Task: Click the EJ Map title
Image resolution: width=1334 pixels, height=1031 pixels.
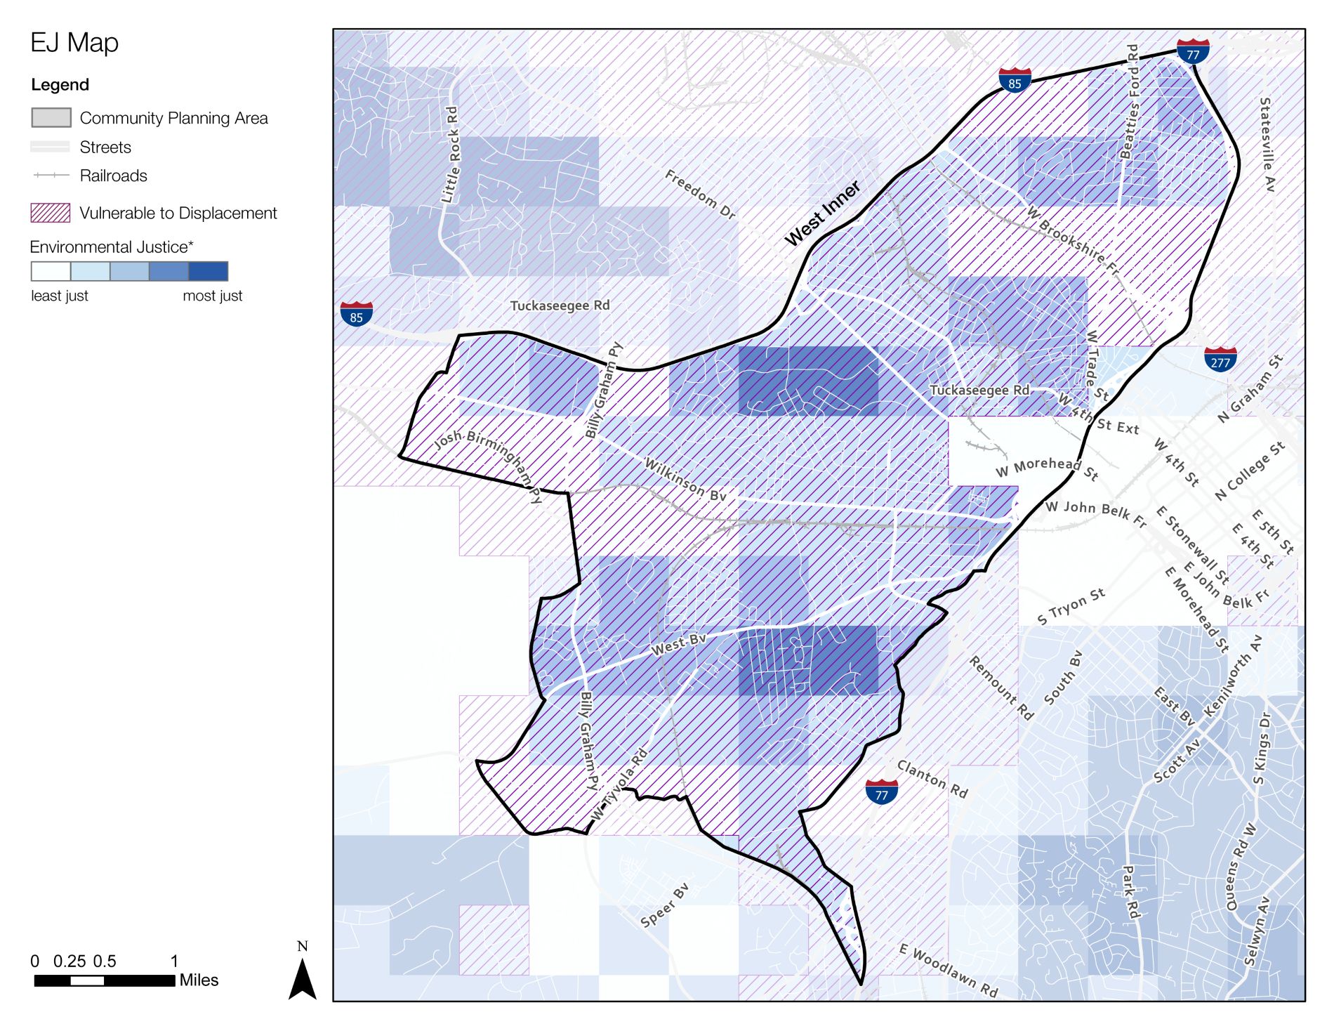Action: tap(74, 43)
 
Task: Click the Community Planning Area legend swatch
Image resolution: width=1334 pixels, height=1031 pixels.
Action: tap(51, 117)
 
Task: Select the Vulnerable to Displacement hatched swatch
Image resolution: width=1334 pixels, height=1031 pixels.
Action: tap(51, 213)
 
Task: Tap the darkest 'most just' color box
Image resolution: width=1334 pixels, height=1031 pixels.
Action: tap(209, 271)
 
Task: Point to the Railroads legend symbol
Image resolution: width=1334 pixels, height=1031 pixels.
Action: tap(51, 175)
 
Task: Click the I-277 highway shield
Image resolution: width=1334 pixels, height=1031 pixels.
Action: tap(1220, 359)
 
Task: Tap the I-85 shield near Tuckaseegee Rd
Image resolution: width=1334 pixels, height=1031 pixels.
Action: tap(356, 314)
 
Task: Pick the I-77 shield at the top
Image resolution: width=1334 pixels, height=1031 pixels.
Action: tap(1193, 51)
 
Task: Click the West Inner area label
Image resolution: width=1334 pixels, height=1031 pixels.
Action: tap(822, 214)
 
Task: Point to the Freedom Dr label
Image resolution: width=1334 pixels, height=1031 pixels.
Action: tap(700, 195)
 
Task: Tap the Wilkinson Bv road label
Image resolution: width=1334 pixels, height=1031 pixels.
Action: tap(685, 480)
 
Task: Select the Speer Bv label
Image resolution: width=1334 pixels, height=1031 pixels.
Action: tap(664, 905)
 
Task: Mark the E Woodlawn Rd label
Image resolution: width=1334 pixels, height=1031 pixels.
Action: tap(948, 971)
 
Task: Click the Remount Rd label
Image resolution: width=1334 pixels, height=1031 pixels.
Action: tap(1001, 688)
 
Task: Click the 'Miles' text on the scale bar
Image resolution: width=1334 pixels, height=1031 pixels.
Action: tap(199, 980)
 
